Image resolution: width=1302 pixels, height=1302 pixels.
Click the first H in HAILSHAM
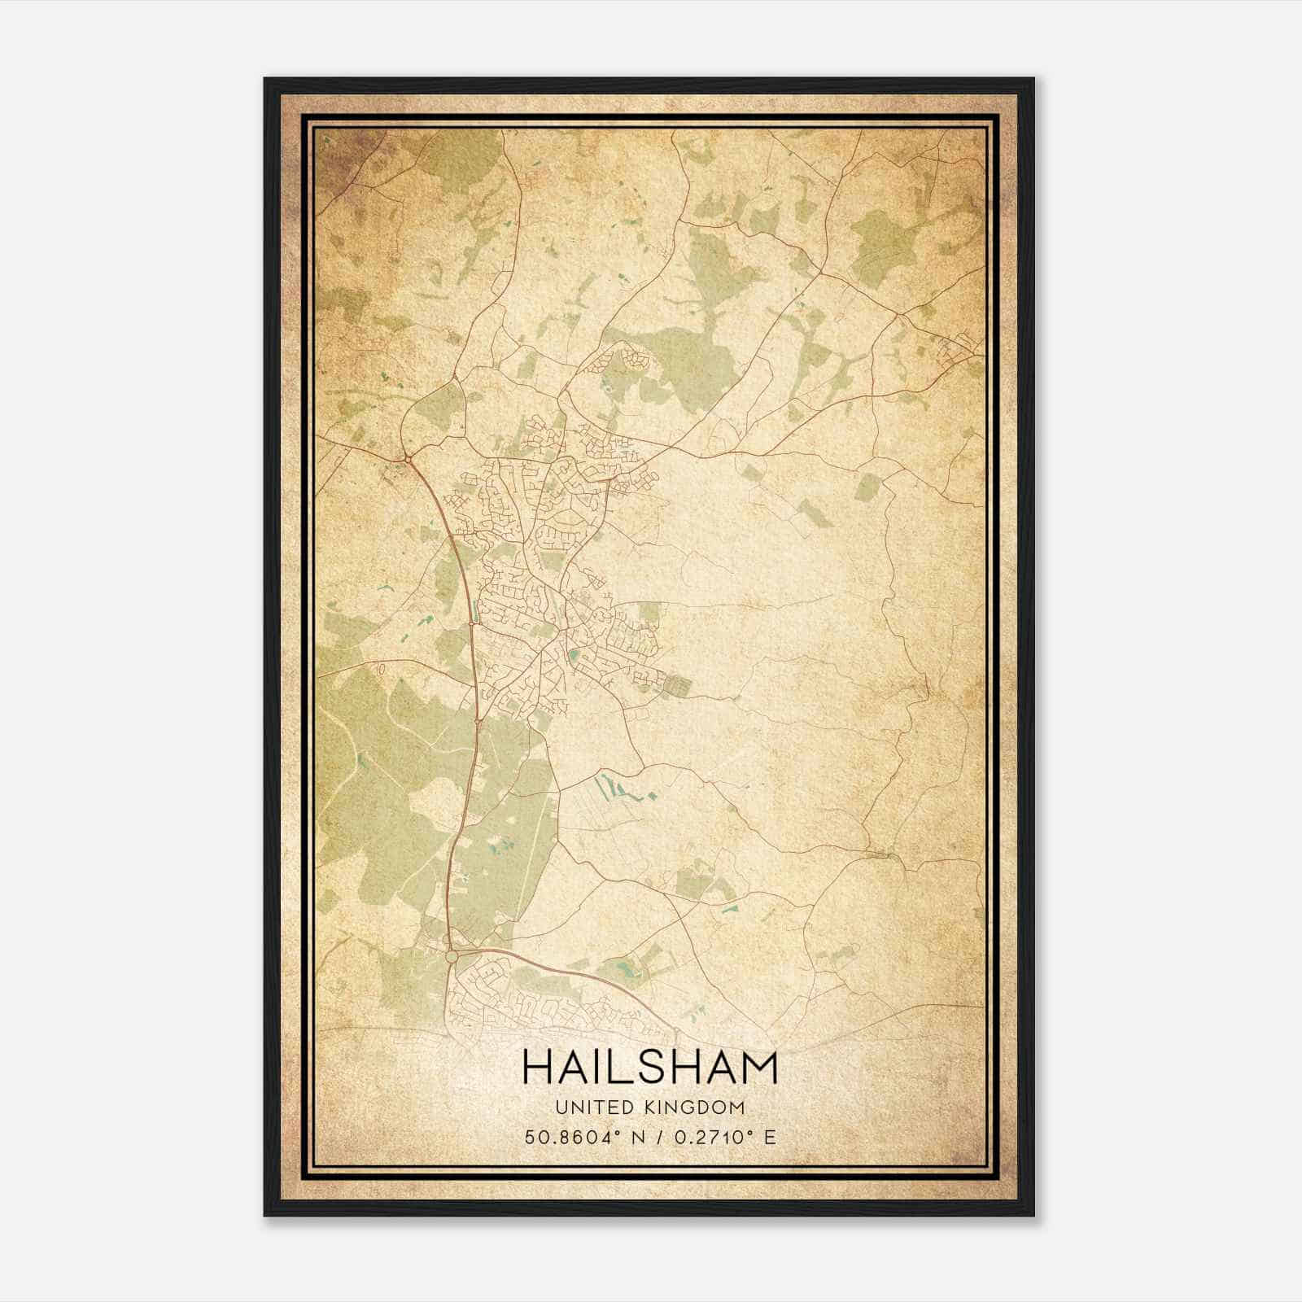[x=538, y=1067]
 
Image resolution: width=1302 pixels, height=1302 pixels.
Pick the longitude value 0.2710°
[x=710, y=1137]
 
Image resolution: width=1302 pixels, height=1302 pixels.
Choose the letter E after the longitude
[x=770, y=1137]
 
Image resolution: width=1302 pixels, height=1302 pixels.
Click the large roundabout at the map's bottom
[x=452, y=958]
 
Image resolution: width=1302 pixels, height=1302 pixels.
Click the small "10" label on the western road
[x=380, y=668]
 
